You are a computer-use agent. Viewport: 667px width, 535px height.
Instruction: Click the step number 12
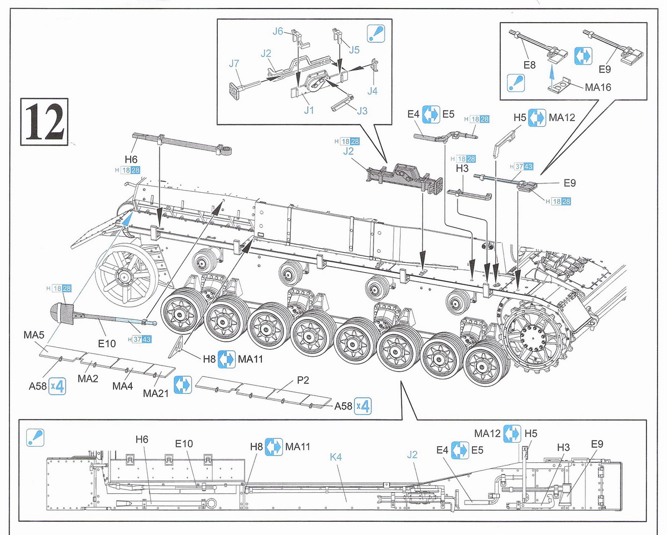click(x=44, y=122)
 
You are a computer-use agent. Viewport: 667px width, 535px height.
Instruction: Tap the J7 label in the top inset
click(x=234, y=63)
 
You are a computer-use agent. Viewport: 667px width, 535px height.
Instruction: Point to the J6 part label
click(x=278, y=31)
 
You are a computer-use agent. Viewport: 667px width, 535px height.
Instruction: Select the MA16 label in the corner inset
click(x=598, y=87)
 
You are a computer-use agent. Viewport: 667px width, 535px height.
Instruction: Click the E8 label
click(x=529, y=65)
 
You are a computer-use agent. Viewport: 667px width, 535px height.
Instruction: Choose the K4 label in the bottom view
click(x=336, y=457)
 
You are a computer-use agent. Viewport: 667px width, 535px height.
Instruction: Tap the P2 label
click(x=303, y=380)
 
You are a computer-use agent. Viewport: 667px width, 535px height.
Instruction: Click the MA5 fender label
click(x=34, y=335)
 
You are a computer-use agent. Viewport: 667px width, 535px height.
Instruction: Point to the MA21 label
click(x=156, y=393)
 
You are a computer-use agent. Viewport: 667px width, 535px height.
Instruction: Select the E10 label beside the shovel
click(x=107, y=343)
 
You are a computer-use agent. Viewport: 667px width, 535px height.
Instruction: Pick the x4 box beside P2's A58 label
click(x=362, y=406)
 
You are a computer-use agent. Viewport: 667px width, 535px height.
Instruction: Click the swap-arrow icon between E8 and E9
click(x=583, y=56)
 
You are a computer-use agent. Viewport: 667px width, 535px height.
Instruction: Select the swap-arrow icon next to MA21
click(x=182, y=385)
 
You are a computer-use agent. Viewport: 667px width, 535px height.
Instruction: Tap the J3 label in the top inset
click(x=362, y=111)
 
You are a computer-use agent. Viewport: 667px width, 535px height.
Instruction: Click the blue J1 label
click(x=309, y=110)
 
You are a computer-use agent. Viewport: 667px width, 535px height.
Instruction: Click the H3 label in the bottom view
click(x=563, y=448)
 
